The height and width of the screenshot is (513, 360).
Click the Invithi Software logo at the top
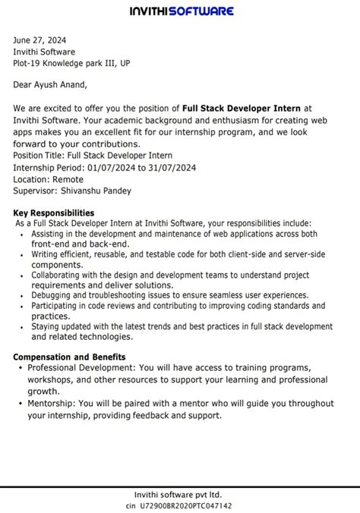click(x=181, y=11)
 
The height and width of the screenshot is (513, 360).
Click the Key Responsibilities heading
click(x=54, y=213)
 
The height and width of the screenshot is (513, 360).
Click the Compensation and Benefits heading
click(x=70, y=357)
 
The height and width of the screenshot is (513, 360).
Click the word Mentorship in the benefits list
click(x=53, y=404)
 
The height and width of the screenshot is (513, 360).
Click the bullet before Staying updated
click(x=20, y=326)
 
